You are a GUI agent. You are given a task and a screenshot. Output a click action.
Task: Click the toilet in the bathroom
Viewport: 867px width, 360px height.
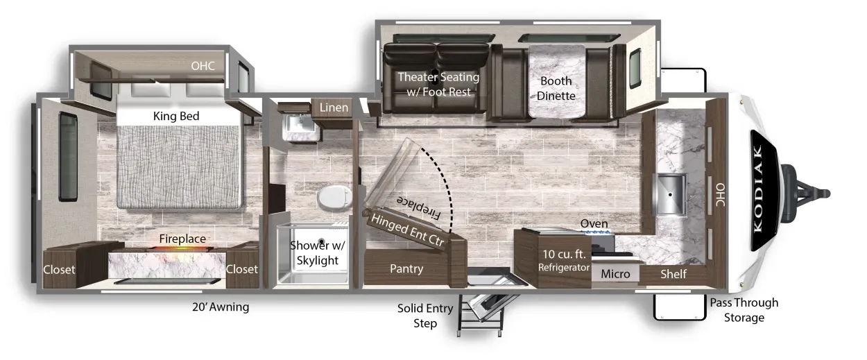pos(334,197)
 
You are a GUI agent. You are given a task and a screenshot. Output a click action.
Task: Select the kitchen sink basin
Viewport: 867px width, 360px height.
pos(669,194)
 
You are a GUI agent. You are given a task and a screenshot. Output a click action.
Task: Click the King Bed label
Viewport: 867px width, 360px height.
pos(176,116)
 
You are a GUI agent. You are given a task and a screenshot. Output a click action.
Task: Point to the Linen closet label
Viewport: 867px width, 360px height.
pos(334,108)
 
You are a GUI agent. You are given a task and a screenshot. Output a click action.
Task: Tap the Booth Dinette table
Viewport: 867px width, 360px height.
pos(556,81)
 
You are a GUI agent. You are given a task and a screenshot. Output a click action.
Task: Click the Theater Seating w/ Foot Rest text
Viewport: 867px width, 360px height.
pos(438,84)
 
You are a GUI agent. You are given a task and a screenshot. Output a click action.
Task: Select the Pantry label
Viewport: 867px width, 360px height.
pos(406,268)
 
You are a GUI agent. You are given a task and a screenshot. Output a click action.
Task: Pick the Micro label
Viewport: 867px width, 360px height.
pos(615,274)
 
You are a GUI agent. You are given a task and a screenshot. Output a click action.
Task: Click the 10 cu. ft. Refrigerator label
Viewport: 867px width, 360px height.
pos(564,260)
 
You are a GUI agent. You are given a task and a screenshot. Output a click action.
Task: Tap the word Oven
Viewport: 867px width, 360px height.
pos(594,223)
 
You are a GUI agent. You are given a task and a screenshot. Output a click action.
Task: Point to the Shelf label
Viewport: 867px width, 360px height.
pos(673,274)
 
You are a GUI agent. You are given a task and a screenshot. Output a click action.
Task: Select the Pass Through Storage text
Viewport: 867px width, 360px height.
pos(744,309)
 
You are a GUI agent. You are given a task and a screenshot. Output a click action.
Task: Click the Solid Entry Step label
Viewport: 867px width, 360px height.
pos(425,316)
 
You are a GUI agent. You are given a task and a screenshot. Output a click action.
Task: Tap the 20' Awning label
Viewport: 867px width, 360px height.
pos(221,307)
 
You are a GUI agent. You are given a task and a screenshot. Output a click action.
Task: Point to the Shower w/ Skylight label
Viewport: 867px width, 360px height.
pos(318,252)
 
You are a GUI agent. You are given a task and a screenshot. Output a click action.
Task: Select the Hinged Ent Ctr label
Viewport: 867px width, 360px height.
pos(408,230)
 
